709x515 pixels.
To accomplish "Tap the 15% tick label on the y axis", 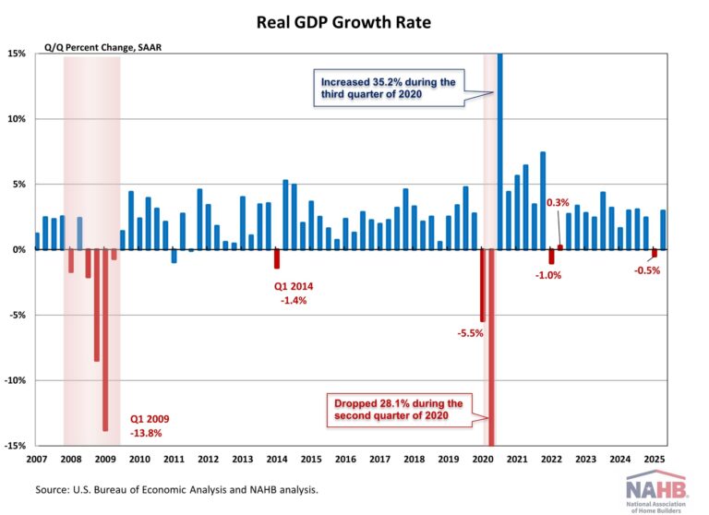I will click(x=18, y=54).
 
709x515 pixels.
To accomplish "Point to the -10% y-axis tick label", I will click(x=16, y=380).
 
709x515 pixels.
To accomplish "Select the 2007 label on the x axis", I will click(x=37, y=459).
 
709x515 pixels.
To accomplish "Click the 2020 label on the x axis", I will click(x=482, y=459).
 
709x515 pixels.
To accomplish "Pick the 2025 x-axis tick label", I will click(x=655, y=459).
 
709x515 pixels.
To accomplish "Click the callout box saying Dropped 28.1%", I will click(x=400, y=410).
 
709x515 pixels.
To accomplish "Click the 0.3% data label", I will click(x=558, y=202).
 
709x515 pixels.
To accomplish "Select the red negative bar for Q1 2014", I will click(x=276, y=259).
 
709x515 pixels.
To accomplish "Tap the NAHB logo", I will click(x=656, y=489).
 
